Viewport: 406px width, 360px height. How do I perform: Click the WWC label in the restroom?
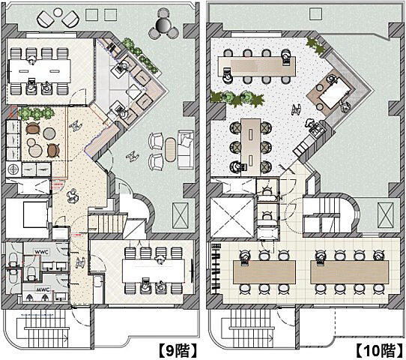tap(42, 252)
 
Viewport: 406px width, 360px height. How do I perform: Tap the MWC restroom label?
tap(43, 289)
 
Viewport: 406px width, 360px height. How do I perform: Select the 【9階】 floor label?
tap(178, 350)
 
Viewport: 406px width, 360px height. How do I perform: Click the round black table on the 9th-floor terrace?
tap(163, 25)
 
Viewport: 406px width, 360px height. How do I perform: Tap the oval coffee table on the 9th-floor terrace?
tap(170, 149)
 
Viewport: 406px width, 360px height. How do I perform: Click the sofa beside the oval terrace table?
tap(186, 149)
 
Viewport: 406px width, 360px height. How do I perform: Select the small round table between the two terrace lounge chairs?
tap(58, 12)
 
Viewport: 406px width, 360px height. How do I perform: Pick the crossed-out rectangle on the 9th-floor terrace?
tap(181, 216)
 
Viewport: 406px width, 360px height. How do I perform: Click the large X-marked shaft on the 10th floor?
tap(232, 217)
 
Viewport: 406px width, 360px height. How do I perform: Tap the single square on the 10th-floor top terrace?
tap(316, 13)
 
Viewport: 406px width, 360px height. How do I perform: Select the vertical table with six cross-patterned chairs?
tap(251, 146)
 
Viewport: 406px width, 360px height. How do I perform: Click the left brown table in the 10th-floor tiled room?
tap(264, 272)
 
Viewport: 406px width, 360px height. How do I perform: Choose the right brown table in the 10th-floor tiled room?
tap(350, 272)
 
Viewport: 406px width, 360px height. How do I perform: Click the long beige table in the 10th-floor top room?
tap(257, 66)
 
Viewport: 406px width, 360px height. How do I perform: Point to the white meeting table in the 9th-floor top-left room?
tap(40, 71)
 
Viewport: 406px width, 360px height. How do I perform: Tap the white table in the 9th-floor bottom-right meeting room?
tap(154, 271)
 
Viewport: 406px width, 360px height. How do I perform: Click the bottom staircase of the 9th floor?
tap(43, 328)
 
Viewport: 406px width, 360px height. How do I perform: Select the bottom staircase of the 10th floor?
tap(248, 328)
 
